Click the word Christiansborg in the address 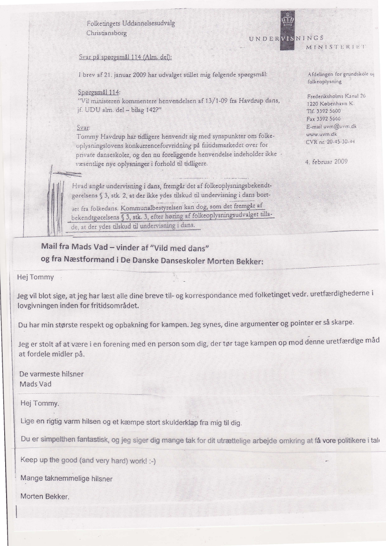coord(106,34)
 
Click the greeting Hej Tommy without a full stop coord(35,277)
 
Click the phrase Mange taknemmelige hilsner coord(66,478)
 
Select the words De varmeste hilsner coord(51,374)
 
